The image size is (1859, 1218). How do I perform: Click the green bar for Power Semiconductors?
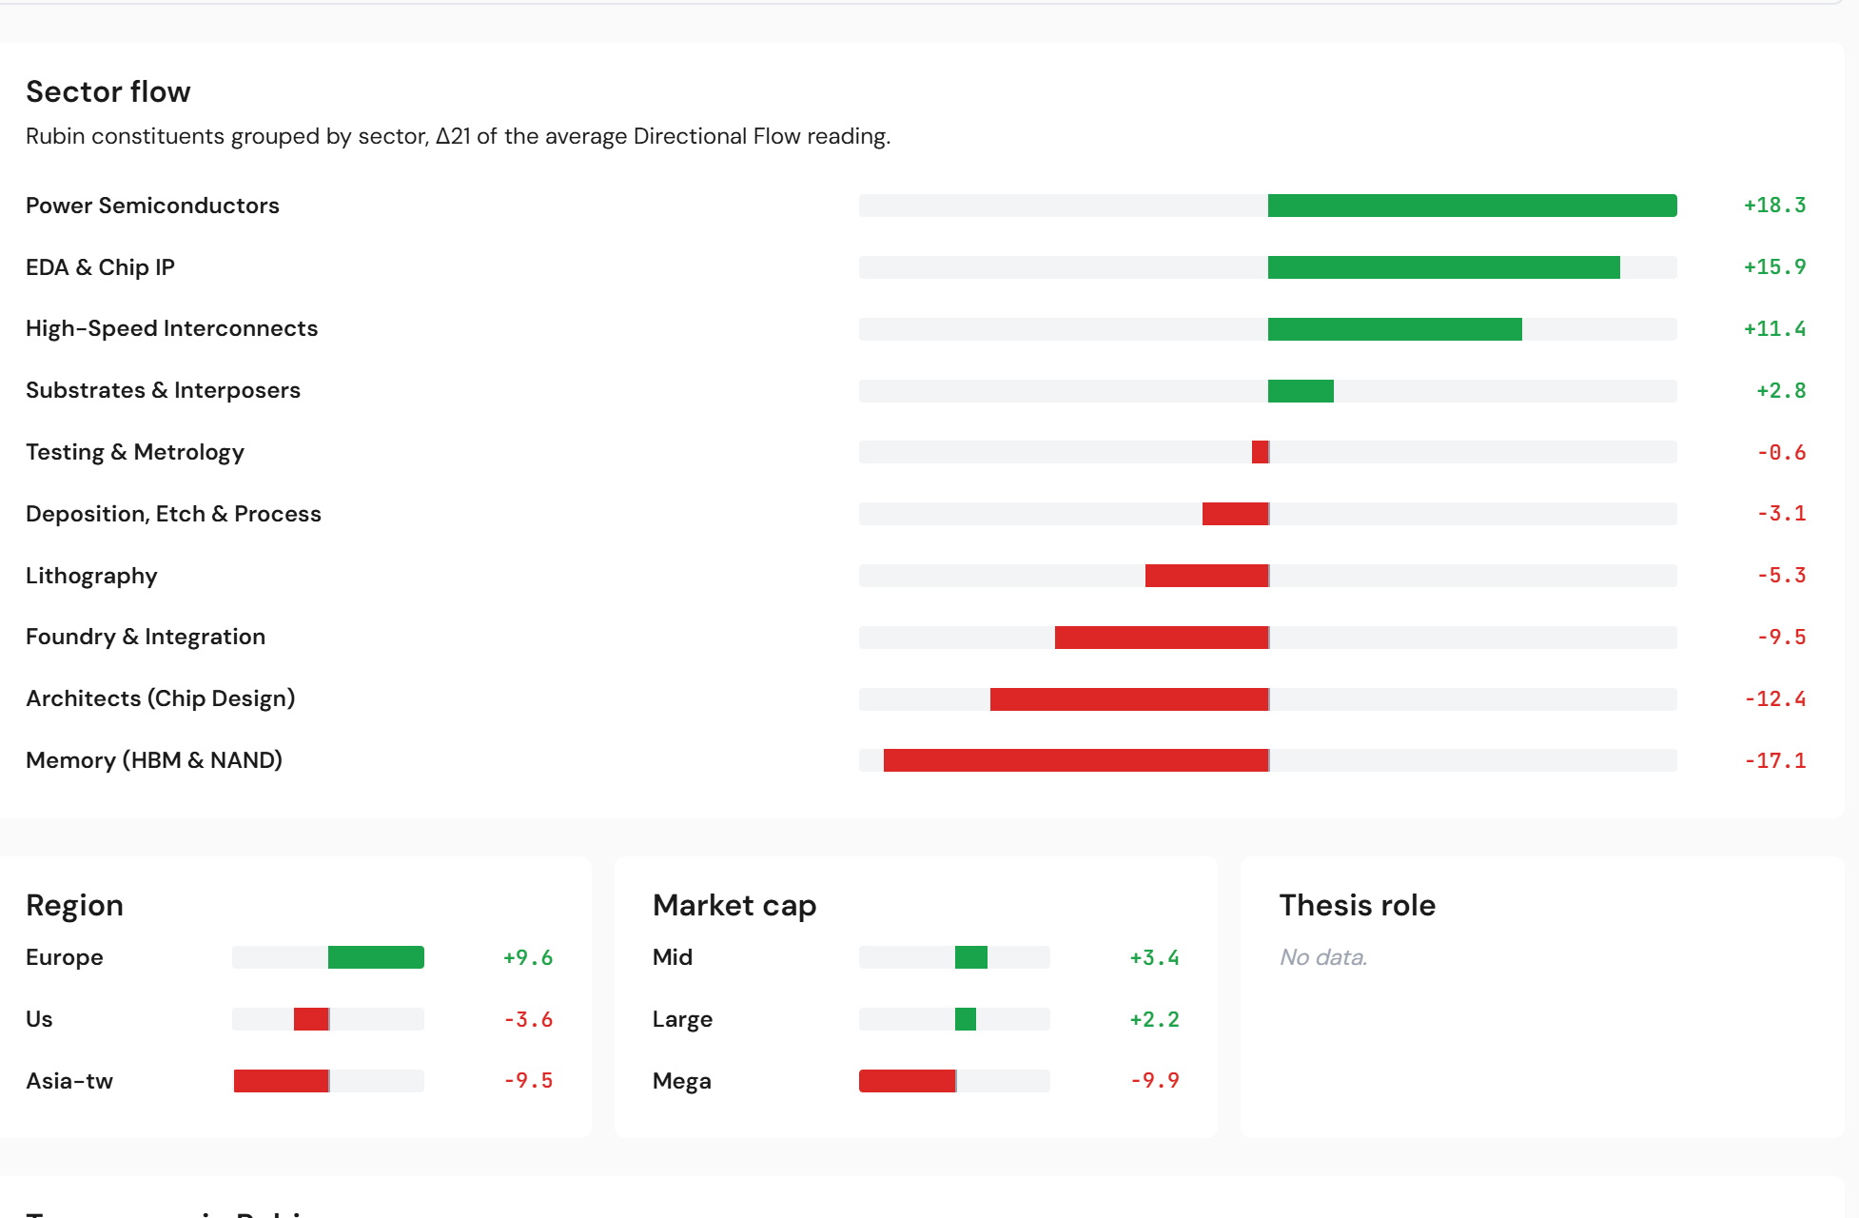tap(1472, 206)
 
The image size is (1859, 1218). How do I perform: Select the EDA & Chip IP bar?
tap(1443, 267)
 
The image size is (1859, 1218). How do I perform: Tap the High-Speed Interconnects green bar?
tap(1395, 329)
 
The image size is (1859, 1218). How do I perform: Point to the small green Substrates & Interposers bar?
tap(1301, 391)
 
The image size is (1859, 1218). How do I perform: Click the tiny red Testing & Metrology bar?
tap(1260, 452)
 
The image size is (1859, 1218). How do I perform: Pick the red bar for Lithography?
tap(1206, 576)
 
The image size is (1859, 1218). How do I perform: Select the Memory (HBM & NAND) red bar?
tap(1076, 760)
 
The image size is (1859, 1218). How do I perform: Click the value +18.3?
tap(1774, 206)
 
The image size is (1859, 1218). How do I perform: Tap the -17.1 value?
tap(1774, 760)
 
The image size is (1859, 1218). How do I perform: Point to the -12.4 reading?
tap(1774, 698)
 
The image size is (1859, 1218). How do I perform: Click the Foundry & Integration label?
tap(146, 637)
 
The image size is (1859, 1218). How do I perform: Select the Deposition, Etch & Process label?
tap(173, 514)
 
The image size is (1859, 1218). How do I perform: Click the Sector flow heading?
tap(108, 91)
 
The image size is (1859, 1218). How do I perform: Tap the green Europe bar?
tap(376, 957)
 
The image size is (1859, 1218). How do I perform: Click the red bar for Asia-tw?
tap(281, 1081)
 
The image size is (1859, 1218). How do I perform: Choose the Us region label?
tap(39, 1019)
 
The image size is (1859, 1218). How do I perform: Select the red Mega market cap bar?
tap(907, 1081)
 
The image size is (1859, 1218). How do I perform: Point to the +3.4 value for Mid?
tap(1154, 957)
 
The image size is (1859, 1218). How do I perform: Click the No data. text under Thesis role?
tap(1322, 957)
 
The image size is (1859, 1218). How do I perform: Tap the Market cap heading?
tap(734, 905)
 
